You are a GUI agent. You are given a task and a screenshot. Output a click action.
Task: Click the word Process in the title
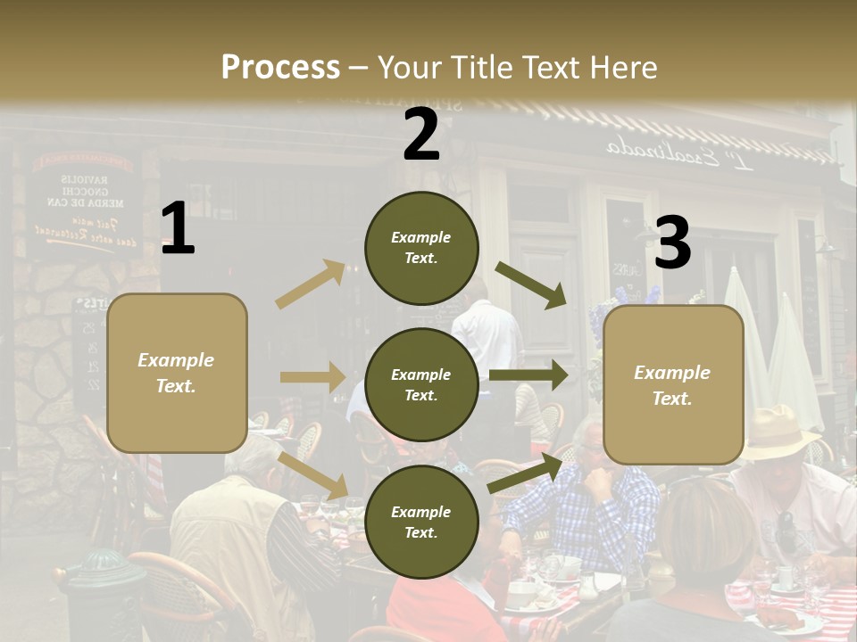pyautogui.click(x=280, y=68)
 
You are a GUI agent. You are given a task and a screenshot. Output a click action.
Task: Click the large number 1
pyautogui.click(x=178, y=229)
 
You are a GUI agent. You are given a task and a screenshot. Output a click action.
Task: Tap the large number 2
pyautogui.click(x=421, y=135)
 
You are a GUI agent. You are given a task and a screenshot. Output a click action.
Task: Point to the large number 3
pyautogui.click(x=672, y=243)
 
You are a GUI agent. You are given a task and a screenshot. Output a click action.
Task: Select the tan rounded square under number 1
pyautogui.click(x=177, y=373)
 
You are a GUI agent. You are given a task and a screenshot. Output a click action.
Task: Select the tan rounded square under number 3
pyautogui.click(x=673, y=385)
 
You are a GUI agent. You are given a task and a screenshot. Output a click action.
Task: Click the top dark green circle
pyautogui.click(x=421, y=248)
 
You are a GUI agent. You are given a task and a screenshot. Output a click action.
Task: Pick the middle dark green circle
pyautogui.click(x=421, y=384)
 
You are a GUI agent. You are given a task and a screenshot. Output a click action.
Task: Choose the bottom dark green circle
pyautogui.click(x=421, y=522)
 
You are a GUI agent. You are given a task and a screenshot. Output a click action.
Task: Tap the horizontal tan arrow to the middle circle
pyautogui.click(x=312, y=377)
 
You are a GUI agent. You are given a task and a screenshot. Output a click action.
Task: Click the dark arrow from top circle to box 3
pyautogui.click(x=531, y=284)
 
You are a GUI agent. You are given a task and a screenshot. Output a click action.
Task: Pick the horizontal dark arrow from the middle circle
pyautogui.click(x=528, y=375)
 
